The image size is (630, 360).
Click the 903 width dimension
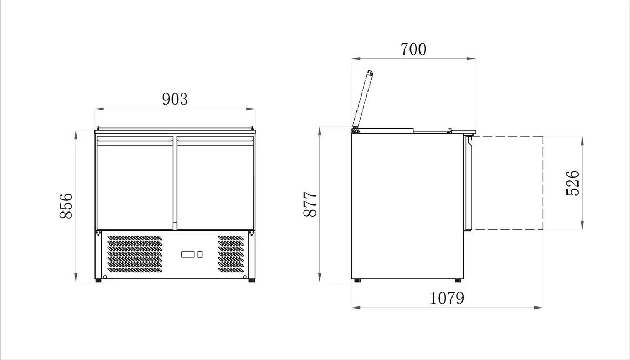tap(175, 99)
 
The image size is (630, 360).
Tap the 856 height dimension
tap(66, 206)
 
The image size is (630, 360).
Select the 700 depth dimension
tap(413, 49)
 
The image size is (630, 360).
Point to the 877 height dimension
tap(310, 204)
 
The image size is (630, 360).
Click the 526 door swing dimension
tap(573, 183)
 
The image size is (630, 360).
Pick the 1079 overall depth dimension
tap(447, 298)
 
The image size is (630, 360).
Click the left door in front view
tap(135, 183)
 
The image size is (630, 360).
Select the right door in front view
tap(215, 183)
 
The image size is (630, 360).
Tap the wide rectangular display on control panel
tap(187, 255)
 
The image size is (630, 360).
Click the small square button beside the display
tap(200, 255)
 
